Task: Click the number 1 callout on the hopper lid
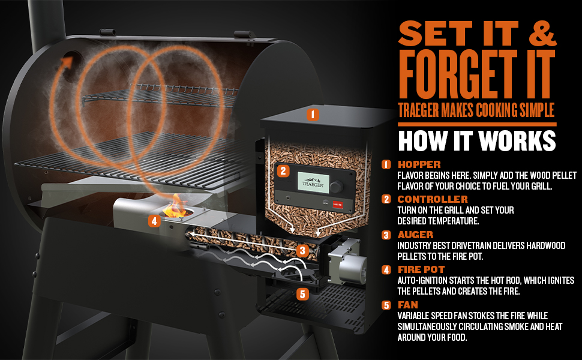(x=313, y=115)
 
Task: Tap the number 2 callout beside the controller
(x=283, y=171)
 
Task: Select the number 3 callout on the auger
(x=302, y=251)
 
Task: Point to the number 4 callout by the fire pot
(x=154, y=221)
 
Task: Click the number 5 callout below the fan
(x=302, y=295)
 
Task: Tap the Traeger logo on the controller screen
(x=313, y=182)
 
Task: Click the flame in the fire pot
(x=175, y=207)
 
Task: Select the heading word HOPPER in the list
(x=419, y=164)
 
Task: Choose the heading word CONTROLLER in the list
(x=433, y=199)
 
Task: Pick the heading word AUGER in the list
(x=415, y=235)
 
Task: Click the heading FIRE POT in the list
(x=421, y=269)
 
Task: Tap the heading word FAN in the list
(x=408, y=305)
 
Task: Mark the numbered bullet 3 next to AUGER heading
(x=386, y=235)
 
